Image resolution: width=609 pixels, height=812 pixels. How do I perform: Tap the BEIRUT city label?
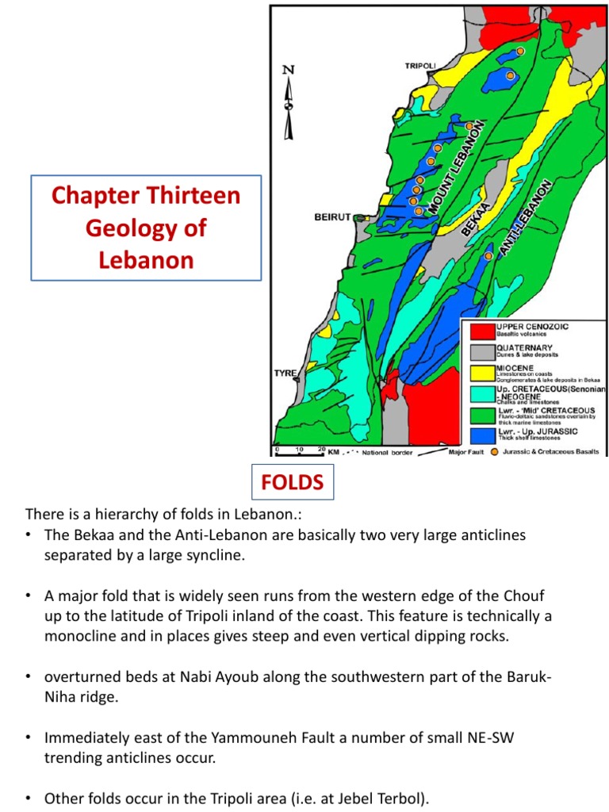332,216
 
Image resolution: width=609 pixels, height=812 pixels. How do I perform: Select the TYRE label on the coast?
285,373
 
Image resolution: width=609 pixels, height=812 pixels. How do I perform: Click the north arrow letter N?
289,70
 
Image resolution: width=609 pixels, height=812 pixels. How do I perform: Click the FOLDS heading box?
293,481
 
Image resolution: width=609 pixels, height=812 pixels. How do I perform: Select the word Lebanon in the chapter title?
146,260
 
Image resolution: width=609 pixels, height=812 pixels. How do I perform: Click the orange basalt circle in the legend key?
495,451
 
